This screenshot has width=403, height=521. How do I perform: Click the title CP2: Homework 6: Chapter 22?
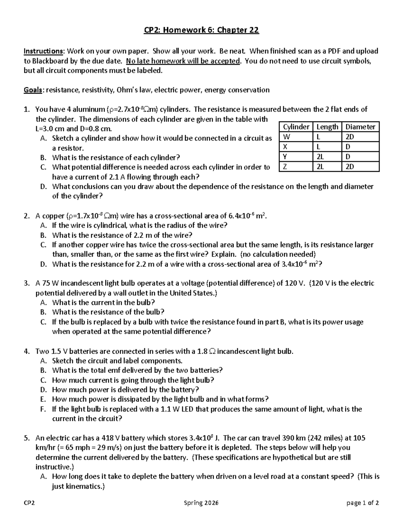201,31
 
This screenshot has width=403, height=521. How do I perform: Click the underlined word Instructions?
43,51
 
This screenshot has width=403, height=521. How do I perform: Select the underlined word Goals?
33,90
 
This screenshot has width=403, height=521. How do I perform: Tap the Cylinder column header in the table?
296,127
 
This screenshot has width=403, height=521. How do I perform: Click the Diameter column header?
360,127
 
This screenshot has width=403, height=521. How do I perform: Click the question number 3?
27,283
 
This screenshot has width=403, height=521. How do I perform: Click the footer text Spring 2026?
201,503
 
